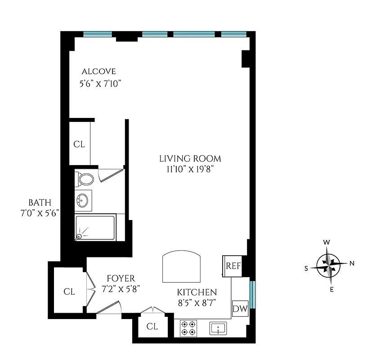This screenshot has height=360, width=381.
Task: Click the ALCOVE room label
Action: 99,72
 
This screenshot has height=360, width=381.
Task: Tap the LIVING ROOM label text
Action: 190,158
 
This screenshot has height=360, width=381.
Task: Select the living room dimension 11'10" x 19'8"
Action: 190,169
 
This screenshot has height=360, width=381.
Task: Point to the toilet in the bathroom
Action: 85,179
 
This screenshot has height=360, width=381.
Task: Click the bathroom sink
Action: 83,200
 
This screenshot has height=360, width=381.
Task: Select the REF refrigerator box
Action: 233,265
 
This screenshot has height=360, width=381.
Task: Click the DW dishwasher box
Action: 240,309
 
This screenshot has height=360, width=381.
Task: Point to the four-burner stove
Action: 188,328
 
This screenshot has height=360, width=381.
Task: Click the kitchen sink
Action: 219,328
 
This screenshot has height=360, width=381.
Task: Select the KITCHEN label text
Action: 197,292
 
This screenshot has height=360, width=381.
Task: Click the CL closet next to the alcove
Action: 79,144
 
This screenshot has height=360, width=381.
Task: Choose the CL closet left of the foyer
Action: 69,292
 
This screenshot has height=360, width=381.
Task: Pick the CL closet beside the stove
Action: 152,327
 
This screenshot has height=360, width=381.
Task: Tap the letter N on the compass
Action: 352,264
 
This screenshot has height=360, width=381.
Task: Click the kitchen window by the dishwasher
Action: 252,295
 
